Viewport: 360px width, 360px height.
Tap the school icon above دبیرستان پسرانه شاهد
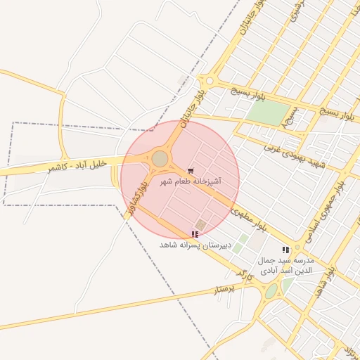(x=195, y=234)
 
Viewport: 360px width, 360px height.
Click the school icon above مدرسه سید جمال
(x=285, y=250)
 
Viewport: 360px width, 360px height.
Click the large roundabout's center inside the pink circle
(x=160, y=160)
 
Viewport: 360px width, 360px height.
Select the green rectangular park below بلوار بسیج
(x=268, y=112)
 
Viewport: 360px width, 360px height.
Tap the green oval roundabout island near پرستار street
(x=271, y=291)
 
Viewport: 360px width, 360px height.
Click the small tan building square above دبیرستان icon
(x=200, y=225)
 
